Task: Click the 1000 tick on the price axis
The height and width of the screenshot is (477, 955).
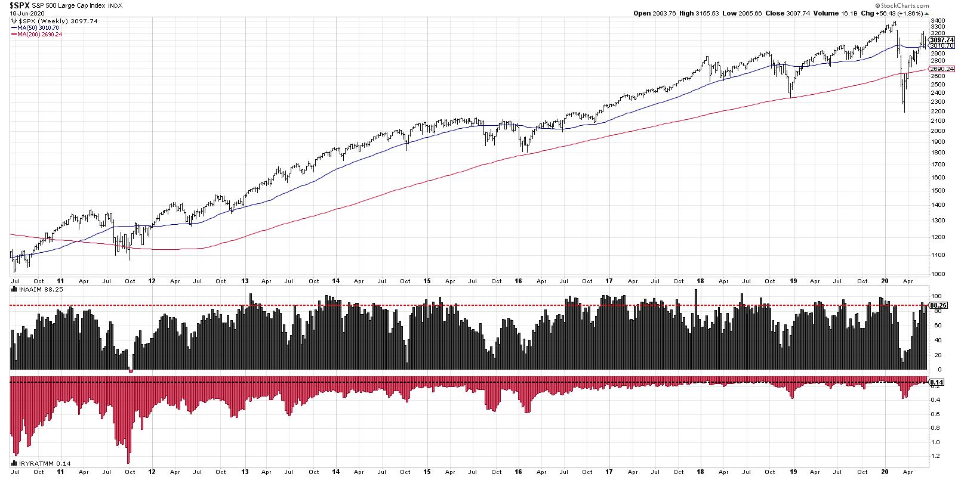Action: point(935,274)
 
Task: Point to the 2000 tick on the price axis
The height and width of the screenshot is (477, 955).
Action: point(935,131)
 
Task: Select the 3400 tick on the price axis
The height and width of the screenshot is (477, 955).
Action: point(935,20)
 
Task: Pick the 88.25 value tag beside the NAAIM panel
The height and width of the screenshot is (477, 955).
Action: point(938,305)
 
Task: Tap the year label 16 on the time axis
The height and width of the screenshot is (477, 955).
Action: point(518,280)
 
